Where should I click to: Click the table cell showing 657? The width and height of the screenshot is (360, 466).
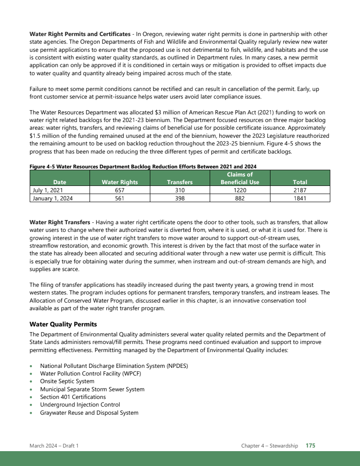coord(119,190)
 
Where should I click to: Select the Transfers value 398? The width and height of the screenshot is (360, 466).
coord(180,198)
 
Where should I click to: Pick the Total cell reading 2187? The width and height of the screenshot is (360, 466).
coord(300,190)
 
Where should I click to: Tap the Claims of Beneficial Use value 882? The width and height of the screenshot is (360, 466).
coord(239,198)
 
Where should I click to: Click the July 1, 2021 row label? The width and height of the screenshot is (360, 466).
coord(48,190)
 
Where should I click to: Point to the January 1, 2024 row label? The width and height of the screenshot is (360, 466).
coord(53,198)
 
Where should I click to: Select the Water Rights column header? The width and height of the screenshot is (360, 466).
coord(119,182)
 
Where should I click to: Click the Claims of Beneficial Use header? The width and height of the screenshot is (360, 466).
coord(239,178)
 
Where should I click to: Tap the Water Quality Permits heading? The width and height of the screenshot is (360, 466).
coord(63,324)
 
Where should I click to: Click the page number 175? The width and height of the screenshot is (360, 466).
coord(310,446)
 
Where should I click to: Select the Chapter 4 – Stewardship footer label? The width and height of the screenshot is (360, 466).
coord(270,446)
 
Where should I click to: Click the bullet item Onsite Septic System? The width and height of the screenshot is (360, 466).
coord(67,381)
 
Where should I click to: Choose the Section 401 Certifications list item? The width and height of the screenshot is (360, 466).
coord(73,397)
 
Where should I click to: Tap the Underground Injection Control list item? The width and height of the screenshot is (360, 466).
coord(80,405)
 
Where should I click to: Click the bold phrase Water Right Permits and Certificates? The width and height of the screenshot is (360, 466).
coord(80,34)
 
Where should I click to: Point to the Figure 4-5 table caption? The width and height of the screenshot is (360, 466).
coord(143,167)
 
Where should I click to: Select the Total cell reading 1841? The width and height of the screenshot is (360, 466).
coord(300,198)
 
